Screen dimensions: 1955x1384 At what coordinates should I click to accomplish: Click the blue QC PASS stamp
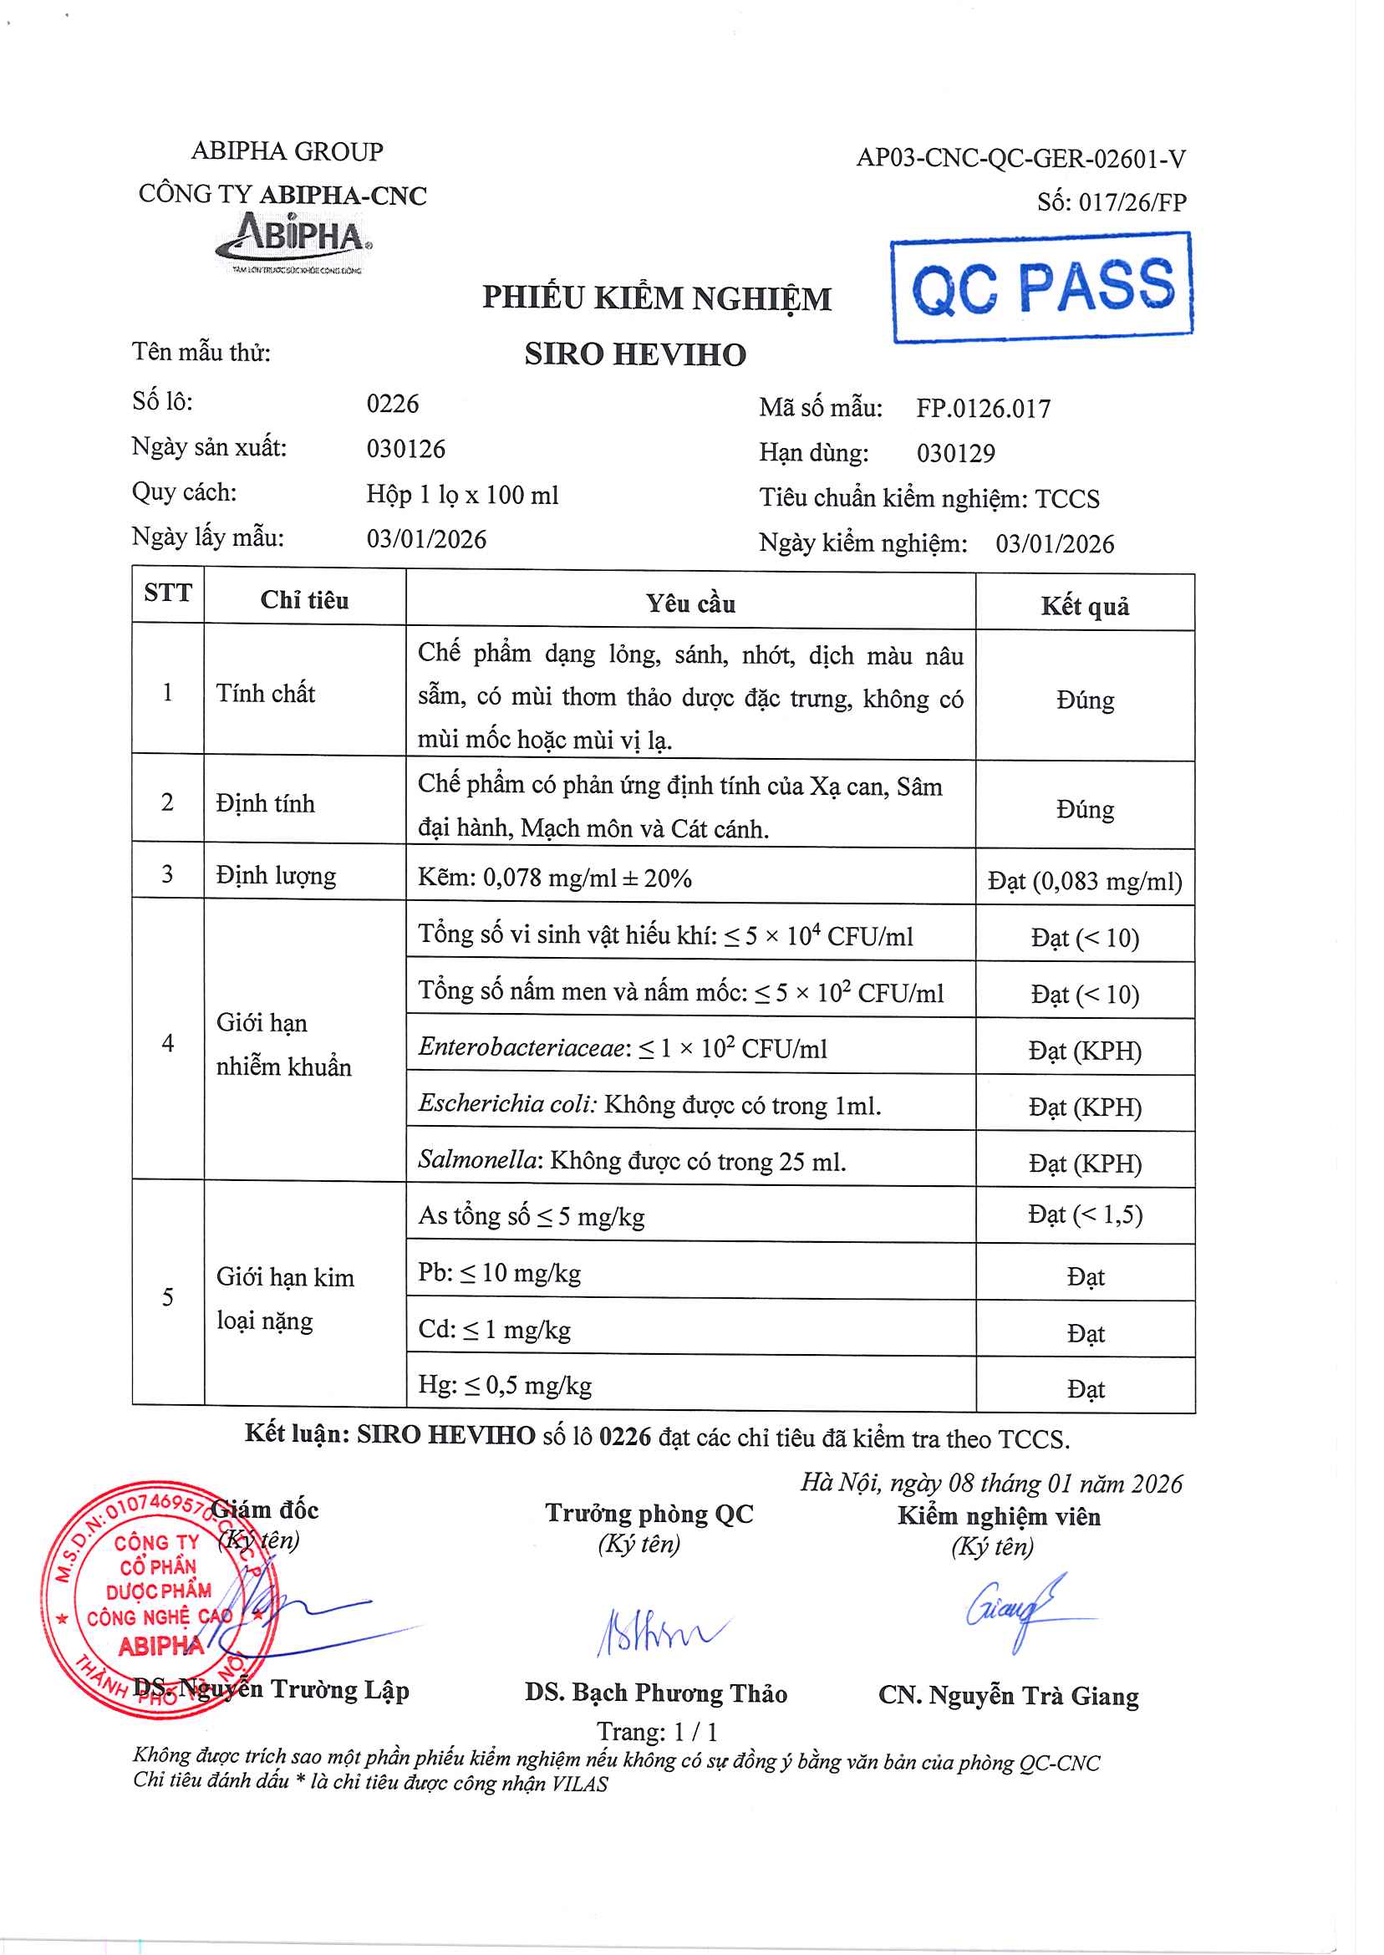pyautogui.click(x=1041, y=288)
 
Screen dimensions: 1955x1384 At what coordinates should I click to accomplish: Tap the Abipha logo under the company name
pyautogui.click(x=294, y=241)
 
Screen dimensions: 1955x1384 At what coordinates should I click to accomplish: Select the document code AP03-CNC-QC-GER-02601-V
pyautogui.click(x=1020, y=159)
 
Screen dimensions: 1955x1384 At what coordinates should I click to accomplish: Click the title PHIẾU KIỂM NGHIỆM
pyautogui.click(x=656, y=298)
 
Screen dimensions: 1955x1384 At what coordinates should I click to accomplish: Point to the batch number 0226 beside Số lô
pyautogui.click(x=392, y=403)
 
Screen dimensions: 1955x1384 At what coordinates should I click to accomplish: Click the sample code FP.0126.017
pyautogui.click(x=983, y=409)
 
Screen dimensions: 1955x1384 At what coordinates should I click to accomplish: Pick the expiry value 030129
pyautogui.click(x=955, y=453)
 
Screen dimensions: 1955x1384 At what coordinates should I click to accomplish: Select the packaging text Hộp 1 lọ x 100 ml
pyautogui.click(x=462, y=494)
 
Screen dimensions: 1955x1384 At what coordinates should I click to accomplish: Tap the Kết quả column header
pyautogui.click(x=1084, y=606)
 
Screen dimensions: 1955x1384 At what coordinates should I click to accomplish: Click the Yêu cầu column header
pyautogui.click(x=689, y=603)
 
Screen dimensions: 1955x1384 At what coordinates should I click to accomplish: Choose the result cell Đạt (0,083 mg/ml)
pyautogui.click(x=1084, y=880)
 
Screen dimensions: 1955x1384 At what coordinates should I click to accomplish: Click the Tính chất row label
pyautogui.click(x=265, y=693)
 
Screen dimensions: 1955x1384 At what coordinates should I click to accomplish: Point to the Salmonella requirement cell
pyautogui.click(x=632, y=1161)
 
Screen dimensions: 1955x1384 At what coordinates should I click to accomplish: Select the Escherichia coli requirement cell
pyautogui.click(x=649, y=1104)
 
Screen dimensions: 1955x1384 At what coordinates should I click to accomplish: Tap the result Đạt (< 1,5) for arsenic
pyautogui.click(x=1084, y=1214)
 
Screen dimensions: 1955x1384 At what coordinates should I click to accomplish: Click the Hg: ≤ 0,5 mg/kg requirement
pyautogui.click(x=505, y=1385)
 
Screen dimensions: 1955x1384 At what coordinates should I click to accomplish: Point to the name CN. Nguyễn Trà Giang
pyautogui.click(x=1008, y=1696)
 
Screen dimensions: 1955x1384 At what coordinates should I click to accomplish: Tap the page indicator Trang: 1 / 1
pyautogui.click(x=656, y=1732)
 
